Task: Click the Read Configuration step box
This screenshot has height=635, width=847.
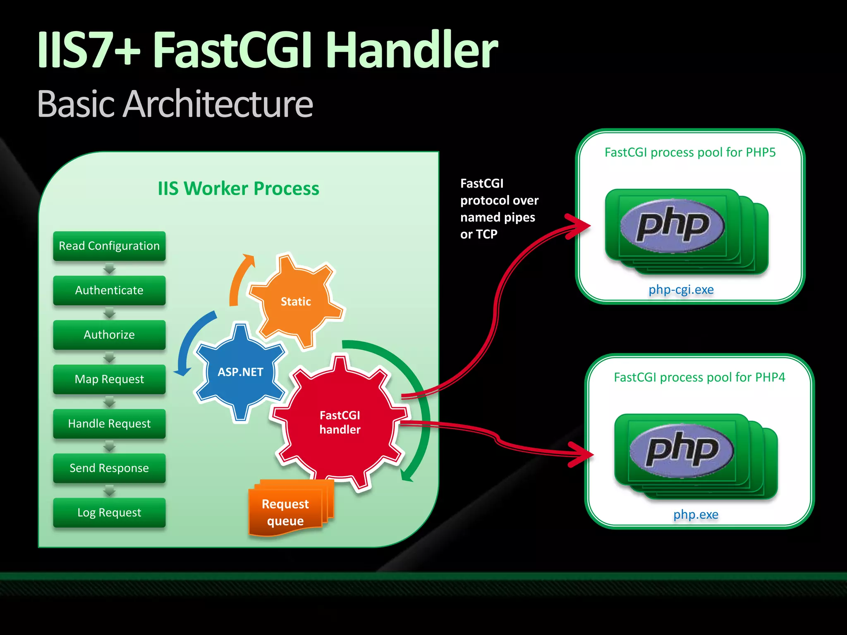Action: tap(109, 246)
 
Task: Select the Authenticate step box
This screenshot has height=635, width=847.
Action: tap(109, 290)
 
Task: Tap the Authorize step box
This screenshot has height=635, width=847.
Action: tap(109, 334)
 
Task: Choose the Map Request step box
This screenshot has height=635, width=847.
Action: tap(109, 379)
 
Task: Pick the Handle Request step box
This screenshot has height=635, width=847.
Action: tap(109, 423)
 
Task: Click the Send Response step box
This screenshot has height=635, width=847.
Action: tap(109, 468)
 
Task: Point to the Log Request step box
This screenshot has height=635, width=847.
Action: tap(109, 512)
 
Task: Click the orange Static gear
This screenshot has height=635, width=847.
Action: tap(296, 301)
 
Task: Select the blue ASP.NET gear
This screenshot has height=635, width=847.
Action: tap(240, 372)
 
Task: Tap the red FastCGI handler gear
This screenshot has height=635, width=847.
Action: tap(340, 422)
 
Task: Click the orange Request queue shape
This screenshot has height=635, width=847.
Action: tap(285, 512)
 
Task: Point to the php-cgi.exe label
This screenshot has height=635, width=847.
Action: tap(681, 289)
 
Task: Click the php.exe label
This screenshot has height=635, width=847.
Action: tap(696, 514)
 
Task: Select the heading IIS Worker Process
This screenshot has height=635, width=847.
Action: tap(238, 189)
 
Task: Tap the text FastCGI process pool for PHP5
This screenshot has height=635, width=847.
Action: tap(690, 153)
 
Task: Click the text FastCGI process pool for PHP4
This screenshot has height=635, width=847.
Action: tap(699, 377)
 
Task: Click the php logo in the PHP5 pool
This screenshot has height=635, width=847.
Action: tap(672, 226)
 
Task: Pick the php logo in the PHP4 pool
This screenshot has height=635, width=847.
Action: tap(682, 451)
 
